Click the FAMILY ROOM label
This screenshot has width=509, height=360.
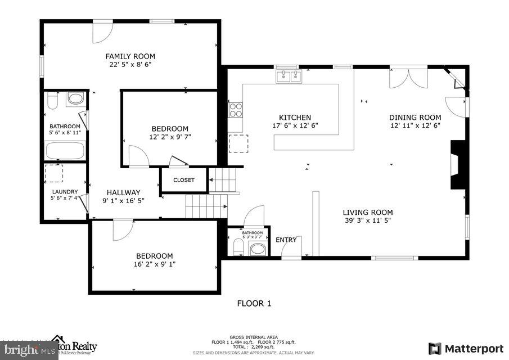coord(130,56)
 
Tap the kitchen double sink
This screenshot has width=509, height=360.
coord(289,76)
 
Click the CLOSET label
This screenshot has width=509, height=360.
coord(183,180)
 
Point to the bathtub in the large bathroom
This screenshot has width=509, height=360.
coord(65,151)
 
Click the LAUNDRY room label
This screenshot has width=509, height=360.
coord(63,190)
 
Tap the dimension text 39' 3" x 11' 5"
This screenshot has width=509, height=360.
coord(368,221)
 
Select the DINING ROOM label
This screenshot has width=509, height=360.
coord(415,118)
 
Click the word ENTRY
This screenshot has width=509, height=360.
coord(286,240)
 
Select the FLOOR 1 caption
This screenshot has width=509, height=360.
coord(254,303)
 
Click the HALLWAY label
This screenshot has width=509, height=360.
coord(123,192)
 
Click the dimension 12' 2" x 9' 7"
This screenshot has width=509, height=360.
coord(169,137)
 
